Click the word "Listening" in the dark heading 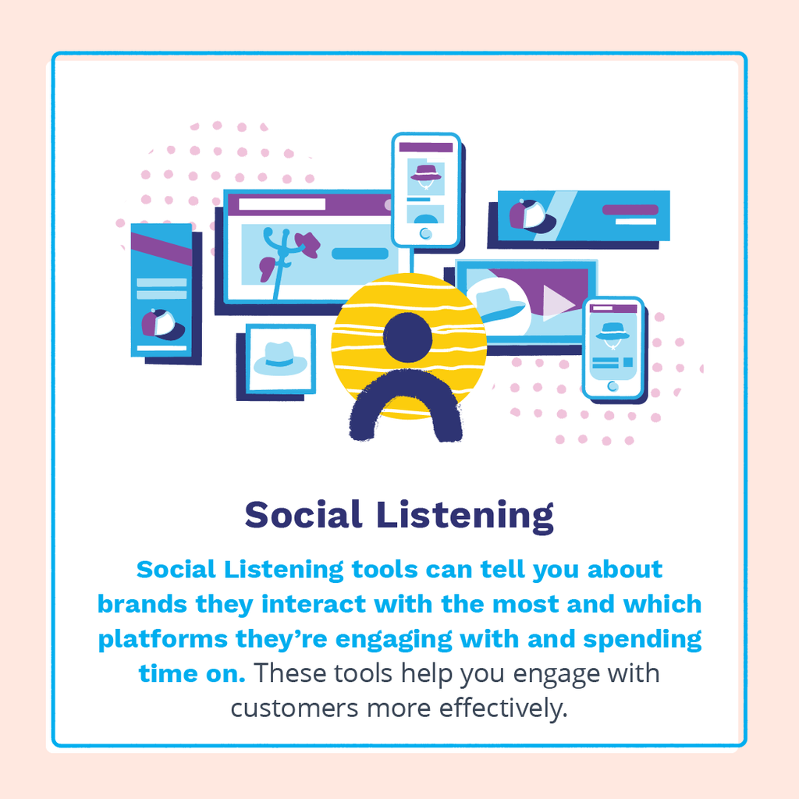point(465,517)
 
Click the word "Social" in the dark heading point(304,514)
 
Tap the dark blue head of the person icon point(407,337)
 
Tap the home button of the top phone point(425,234)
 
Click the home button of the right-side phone point(613,386)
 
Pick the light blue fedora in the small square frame point(280,359)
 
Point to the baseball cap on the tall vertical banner point(162,325)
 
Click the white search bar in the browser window point(282,204)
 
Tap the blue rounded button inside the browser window point(360,254)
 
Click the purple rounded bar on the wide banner point(630,209)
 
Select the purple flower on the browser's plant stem point(307,243)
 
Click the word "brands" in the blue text point(143,605)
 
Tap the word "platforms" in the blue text point(163,640)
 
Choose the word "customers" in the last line point(294,708)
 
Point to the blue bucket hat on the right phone point(613,331)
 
